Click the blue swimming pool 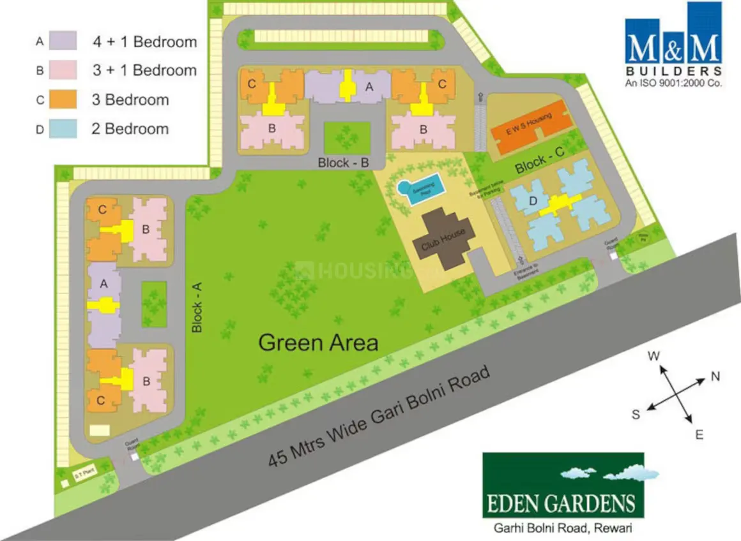pos(419,189)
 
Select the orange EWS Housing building pos(530,126)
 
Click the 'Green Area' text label pos(318,343)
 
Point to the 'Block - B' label pos(344,163)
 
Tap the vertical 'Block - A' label pos(197,308)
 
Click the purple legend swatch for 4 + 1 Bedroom pos(62,41)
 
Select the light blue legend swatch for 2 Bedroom pos(62,128)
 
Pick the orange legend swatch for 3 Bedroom pos(62,100)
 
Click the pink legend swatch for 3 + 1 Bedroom pos(62,70)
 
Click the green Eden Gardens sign pos(563,485)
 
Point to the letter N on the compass pos(715,376)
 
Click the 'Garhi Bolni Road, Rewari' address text pos(563,528)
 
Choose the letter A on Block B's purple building pos(369,88)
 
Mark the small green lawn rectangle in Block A pos(153,304)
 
